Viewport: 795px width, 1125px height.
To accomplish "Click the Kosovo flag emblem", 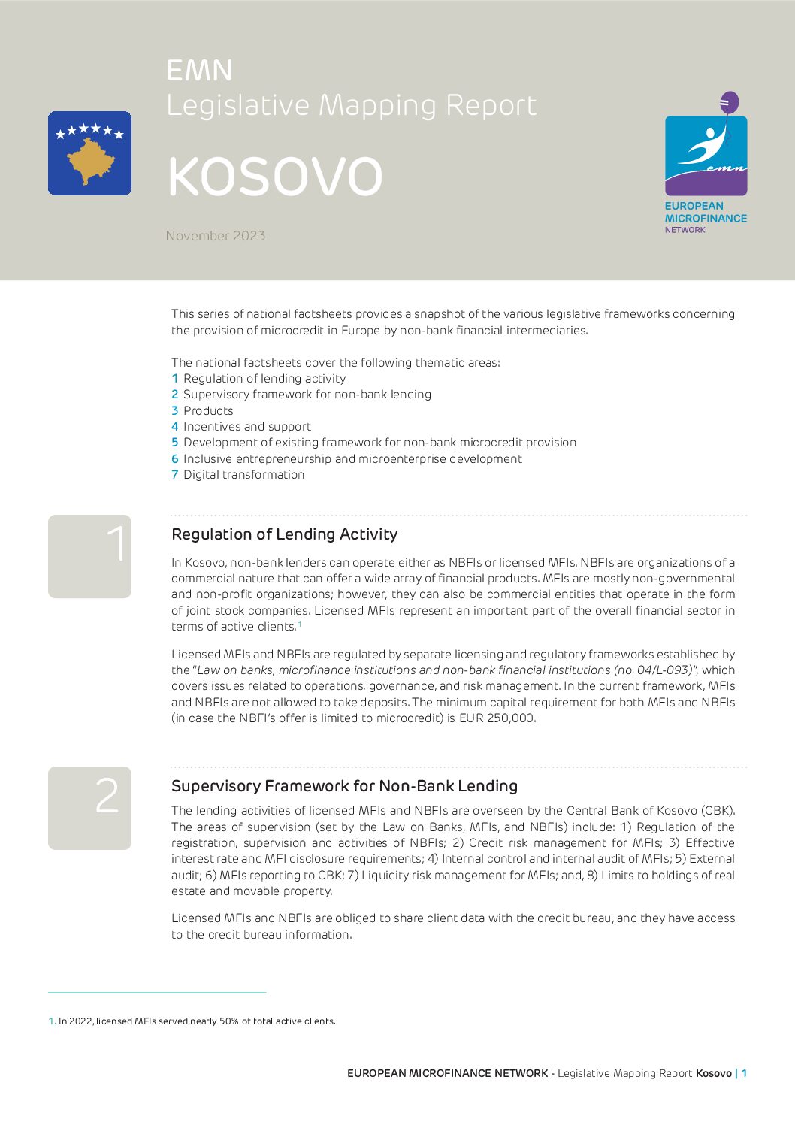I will [x=89, y=153].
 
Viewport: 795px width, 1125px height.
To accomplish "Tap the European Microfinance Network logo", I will [x=706, y=162].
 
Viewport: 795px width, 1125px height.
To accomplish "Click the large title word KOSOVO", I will [x=275, y=177].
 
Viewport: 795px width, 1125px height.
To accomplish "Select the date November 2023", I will [x=216, y=236].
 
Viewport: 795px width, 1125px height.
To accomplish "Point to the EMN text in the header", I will [x=200, y=71].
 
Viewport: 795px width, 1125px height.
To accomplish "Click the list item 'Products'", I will [x=208, y=410].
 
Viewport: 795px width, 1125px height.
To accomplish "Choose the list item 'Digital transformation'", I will [x=243, y=475].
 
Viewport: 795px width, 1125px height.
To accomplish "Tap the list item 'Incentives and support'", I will [x=246, y=427].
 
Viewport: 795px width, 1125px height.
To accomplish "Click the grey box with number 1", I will [x=89, y=556].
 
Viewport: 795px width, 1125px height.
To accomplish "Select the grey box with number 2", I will [x=89, y=808].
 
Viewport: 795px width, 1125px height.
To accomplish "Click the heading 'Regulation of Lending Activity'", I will [x=284, y=534].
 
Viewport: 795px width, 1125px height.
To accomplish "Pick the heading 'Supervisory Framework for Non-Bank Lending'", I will [x=344, y=786].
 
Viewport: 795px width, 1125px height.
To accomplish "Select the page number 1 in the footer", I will [x=744, y=1073].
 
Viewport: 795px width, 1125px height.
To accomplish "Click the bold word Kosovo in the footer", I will [x=713, y=1073].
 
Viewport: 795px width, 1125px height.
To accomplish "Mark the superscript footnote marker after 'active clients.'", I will [x=299, y=624].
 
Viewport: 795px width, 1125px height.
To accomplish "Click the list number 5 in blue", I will [x=174, y=443].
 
